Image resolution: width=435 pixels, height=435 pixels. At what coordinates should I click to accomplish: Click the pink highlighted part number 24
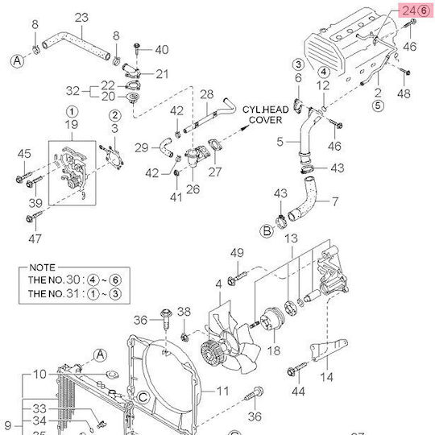[x=409, y=11]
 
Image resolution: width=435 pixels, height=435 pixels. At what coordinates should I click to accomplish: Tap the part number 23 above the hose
[x=81, y=18]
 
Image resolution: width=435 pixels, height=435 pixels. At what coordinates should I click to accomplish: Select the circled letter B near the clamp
[x=267, y=231]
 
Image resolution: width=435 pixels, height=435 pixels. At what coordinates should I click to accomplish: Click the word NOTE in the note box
[x=43, y=267]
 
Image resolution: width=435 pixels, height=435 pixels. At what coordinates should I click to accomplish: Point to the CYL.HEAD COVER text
[x=266, y=115]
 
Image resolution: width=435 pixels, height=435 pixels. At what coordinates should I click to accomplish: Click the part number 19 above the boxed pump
[x=72, y=125]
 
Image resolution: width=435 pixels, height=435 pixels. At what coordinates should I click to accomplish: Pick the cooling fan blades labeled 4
[x=230, y=342]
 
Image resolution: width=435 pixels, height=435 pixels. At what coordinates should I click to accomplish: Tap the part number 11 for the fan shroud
[x=222, y=391]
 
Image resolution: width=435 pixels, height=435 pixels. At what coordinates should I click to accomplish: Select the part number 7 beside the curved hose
[x=335, y=201]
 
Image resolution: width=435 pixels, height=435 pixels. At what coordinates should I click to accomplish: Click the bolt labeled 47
[x=34, y=217]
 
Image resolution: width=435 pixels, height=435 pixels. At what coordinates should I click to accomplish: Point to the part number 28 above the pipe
[x=207, y=94]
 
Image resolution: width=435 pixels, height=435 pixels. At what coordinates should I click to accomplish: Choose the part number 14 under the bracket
[x=326, y=377]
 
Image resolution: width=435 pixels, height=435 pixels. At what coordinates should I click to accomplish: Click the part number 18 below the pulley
[x=274, y=351]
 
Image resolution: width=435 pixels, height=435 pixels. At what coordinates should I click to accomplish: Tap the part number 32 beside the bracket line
[x=72, y=91]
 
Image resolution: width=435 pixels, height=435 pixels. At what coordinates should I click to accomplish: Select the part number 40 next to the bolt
[x=162, y=50]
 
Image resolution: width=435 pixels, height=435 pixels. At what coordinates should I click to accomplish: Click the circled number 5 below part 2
[x=378, y=106]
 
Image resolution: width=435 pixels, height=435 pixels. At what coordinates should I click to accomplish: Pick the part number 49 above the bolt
[x=237, y=253]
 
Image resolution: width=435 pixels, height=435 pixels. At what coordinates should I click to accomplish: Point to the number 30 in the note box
[x=73, y=280]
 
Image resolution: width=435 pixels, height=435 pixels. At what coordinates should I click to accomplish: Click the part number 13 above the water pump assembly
[x=292, y=238]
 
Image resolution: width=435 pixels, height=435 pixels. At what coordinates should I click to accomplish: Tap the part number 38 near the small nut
[x=184, y=312]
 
